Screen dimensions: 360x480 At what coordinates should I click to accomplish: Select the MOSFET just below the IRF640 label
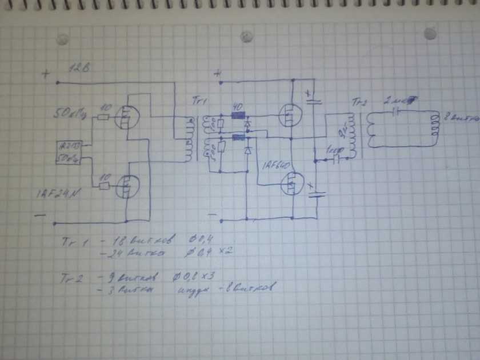(291, 185)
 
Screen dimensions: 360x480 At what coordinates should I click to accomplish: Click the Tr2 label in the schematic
(359, 103)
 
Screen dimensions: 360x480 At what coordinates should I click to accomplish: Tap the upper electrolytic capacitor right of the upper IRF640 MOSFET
(314, 99)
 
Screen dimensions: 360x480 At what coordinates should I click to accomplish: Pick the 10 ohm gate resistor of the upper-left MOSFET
(103, 117)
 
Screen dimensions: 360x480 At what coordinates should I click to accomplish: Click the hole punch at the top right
(430, 34)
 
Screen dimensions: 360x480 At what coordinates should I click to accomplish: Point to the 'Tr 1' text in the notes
(73, 242)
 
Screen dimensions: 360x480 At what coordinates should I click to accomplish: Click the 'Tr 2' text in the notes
(73, 279)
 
